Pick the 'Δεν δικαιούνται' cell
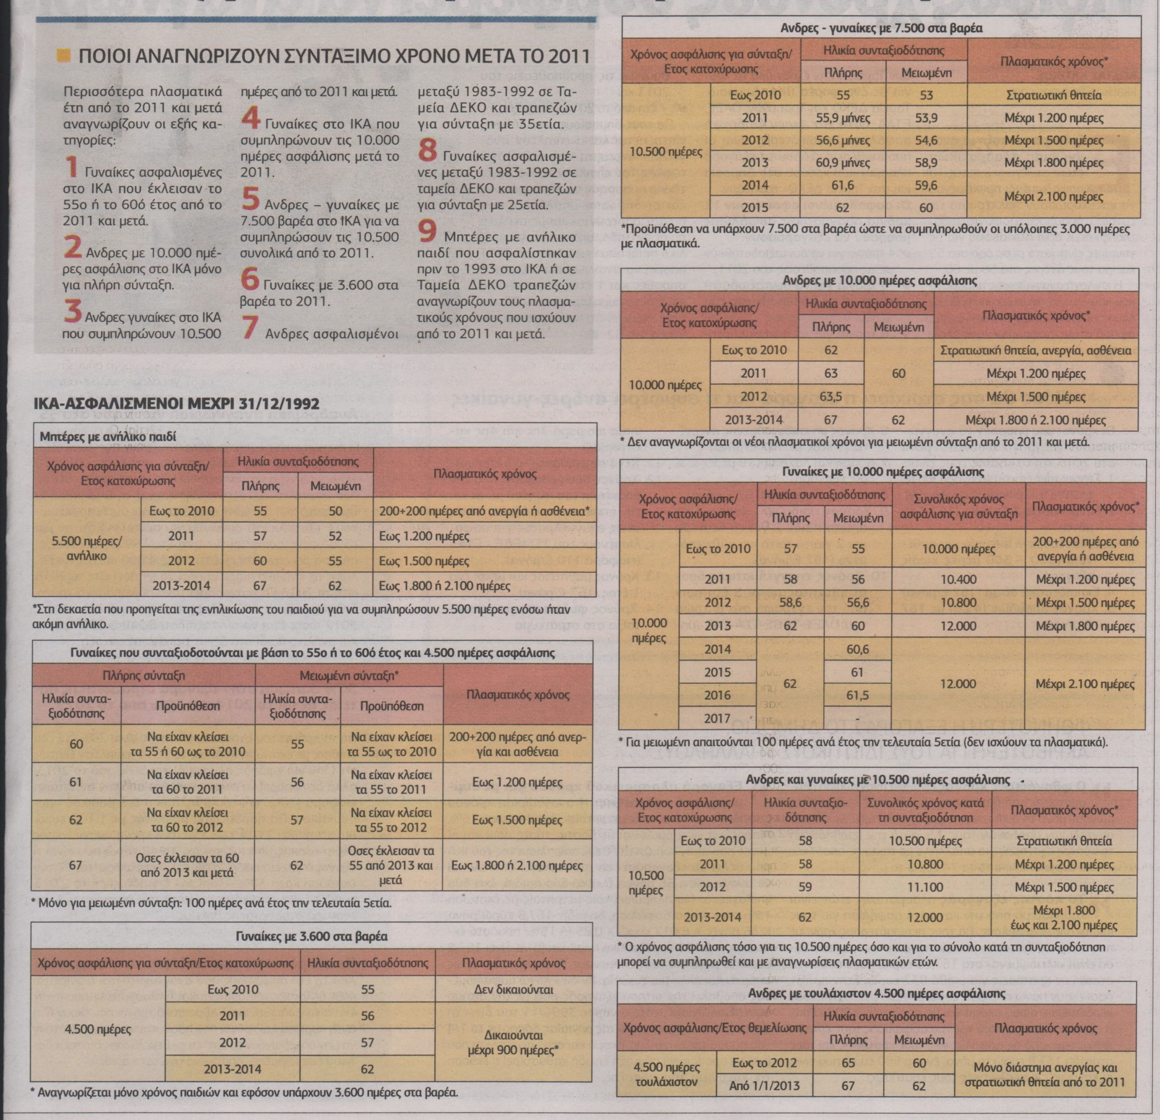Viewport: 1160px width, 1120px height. click(514, 989)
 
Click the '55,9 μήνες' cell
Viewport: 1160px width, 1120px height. click(843, 118)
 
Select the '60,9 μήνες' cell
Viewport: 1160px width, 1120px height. click(843, 162)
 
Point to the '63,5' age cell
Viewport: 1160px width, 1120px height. click(831, 396)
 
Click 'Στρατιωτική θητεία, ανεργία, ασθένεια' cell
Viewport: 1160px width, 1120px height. click(1036, 350)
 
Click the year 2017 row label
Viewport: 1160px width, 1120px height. click(718, 718)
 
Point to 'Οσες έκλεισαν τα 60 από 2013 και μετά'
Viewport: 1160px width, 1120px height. click(188, 865)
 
